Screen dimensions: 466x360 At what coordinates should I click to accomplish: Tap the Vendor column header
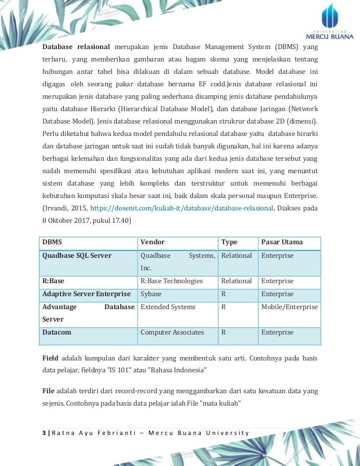[152, 242]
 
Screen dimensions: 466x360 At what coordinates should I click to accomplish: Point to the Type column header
[229, 242]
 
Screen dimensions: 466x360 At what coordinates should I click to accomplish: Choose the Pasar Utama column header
[282, 242]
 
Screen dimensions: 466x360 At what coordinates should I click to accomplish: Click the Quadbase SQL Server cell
[77, 256]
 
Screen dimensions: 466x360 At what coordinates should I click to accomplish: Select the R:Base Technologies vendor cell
[171, 281]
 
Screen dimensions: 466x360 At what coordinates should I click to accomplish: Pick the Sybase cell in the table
[151, 294]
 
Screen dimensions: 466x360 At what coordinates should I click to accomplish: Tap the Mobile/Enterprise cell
[289, 307]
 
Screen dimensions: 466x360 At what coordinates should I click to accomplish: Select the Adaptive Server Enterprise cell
[86, 294]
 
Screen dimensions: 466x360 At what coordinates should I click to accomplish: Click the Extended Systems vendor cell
[168, 307]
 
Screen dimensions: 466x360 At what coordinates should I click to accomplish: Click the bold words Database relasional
[77, 46]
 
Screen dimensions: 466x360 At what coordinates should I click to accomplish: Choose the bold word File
[49, 390]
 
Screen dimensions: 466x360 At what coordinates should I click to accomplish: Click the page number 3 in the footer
[44, 433]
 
